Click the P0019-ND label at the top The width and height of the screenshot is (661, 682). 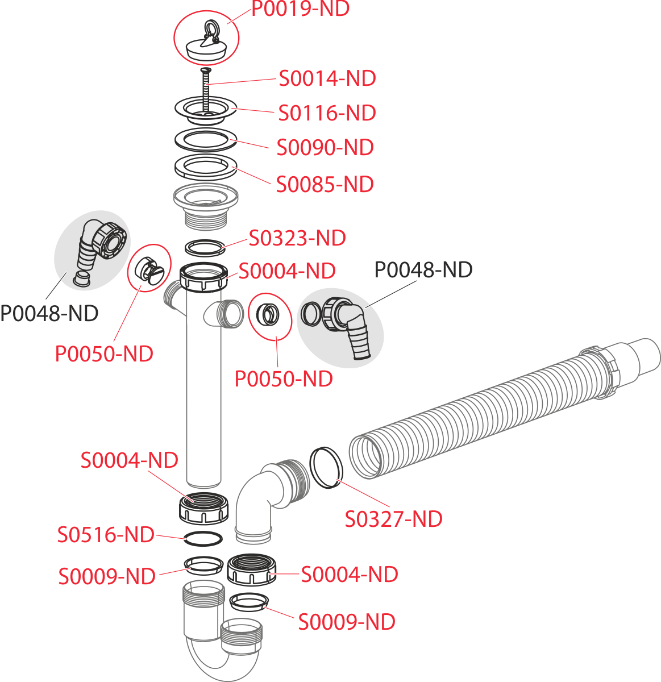[301, 9]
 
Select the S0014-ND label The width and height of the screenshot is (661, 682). [327, 78]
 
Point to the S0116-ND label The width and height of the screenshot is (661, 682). [327, 113]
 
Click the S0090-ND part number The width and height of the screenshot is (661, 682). [325, 148]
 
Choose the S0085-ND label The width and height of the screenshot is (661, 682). [325, 184]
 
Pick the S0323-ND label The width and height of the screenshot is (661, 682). [297, 238]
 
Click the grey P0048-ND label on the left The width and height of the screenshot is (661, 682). [49, 313]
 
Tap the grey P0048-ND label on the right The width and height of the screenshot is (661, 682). [423, 270]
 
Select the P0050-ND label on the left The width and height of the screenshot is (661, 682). [104, 354]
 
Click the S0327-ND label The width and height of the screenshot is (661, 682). [394, 519]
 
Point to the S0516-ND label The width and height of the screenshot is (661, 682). [106, 535]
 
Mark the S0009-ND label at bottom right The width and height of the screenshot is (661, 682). [347, 622]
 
